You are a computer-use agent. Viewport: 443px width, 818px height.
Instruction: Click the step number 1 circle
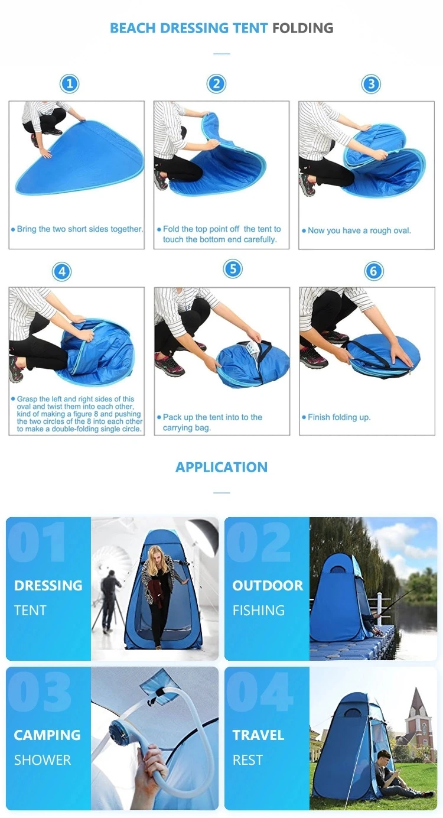click(70, 84)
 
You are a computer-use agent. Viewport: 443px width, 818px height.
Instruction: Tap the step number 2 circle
click(216, 84)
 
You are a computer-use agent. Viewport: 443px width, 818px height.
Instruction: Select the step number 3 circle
click(371, 84)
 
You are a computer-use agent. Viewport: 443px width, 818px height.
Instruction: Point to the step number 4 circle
click(61, 272)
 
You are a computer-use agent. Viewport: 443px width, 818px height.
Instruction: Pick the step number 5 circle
click(233, 270)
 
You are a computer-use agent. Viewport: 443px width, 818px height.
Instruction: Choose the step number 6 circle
click(373, 272)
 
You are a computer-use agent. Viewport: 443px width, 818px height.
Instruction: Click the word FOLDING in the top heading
click(302, 28)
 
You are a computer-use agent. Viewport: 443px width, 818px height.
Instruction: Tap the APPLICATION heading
click(221, 467)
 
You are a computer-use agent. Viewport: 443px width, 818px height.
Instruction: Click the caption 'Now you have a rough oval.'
click(359, 231)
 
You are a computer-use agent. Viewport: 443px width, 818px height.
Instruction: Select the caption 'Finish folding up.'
click(338, 417)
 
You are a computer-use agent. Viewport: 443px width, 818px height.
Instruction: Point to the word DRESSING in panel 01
click(48, 586)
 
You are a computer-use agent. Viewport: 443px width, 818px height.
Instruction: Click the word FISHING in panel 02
click(259, 610)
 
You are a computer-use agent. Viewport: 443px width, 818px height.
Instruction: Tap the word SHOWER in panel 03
click(43, 759)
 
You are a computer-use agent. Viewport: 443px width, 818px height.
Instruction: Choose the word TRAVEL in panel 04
click(258, 735)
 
